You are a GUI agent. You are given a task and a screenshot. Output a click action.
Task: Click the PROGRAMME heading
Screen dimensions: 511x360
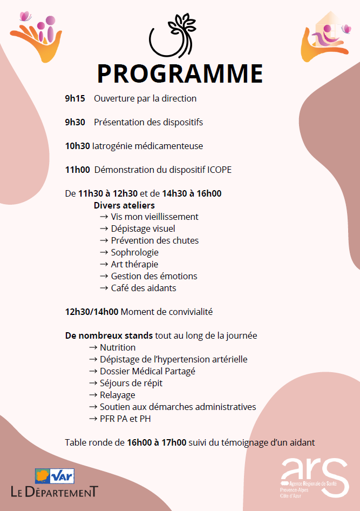pyautogui.click(x=180, y=74)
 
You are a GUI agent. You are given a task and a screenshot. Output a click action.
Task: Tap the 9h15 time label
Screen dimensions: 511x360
pyautogui.click(x=74, y=98)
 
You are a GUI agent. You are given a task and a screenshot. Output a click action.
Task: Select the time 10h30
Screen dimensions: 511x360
pyautogui.click(x=78, y=146)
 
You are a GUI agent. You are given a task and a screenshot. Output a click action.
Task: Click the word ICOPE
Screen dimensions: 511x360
pyautogui.click(x=219, y=170)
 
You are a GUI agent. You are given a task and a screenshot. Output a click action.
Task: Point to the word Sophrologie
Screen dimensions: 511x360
pyautogui.click(x=135, y=252)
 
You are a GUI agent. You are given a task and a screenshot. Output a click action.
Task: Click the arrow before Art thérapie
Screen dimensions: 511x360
pyautogui.click(x=104, y=264)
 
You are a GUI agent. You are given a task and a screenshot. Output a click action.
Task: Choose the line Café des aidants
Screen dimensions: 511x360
pyautogui.click(x=144, y=288)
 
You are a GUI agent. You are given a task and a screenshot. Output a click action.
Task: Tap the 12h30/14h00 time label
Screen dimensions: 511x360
pyautogui.click(x=92, y=312)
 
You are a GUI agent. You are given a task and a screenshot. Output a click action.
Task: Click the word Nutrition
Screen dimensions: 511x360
pyautogui.click(x=118, y=347)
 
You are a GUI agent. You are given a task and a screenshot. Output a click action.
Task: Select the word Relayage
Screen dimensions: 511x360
pyautogui.click(x=118, y=395)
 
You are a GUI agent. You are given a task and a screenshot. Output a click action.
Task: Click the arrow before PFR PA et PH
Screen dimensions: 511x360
pyautogui.click(x=93, y=419)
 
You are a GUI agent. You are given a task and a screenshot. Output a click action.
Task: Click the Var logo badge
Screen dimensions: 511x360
pyautogui.click(x=55, y=476)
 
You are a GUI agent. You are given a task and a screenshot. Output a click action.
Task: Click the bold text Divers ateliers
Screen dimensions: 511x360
pyautogui.click(x=124, y=205)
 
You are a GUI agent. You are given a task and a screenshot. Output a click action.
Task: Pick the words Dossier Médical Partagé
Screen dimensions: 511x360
pyautogui.click(x=147, y=371)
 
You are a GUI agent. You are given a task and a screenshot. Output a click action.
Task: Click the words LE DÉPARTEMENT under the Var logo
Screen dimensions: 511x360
pyautogui.click(x=55, y=492)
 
